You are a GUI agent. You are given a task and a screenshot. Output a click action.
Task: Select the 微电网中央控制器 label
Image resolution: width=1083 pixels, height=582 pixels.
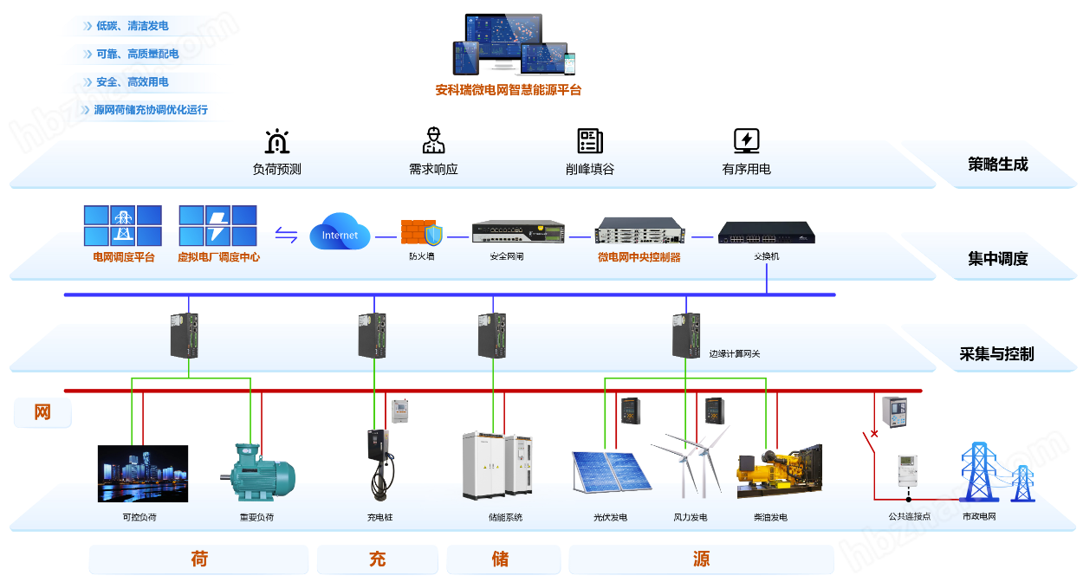(639, 257)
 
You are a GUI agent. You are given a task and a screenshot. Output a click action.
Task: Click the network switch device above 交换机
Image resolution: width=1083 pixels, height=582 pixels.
(766, 234)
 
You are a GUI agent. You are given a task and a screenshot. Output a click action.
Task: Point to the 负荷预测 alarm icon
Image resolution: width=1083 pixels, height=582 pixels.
(276, 141)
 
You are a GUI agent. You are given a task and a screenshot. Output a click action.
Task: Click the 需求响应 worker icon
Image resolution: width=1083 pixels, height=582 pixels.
(433, 140)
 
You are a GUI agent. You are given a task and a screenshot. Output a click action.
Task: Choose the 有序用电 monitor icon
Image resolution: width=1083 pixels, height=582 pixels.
(746, 140)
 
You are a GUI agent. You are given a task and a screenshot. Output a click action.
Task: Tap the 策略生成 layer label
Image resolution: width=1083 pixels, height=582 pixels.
(997, 165)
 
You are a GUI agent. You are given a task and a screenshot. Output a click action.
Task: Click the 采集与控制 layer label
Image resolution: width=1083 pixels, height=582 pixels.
(996, 354)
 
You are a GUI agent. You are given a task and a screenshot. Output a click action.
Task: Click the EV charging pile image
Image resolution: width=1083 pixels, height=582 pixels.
(379, 462)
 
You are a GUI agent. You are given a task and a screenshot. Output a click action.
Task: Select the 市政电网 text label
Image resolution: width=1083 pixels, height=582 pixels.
(979, 517)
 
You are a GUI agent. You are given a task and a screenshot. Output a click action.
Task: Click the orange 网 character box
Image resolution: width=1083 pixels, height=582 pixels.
(42, 413)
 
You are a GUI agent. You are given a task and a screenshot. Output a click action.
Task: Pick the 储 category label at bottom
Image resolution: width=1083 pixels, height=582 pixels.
(500, 559)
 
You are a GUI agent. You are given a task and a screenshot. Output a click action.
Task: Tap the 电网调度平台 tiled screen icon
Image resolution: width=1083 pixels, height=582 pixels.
(122, 225)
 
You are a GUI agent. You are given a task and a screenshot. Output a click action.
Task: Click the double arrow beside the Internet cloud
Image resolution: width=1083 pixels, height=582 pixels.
(286, 234)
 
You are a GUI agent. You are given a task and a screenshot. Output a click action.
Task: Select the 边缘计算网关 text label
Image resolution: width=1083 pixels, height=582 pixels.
(734, 353)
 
